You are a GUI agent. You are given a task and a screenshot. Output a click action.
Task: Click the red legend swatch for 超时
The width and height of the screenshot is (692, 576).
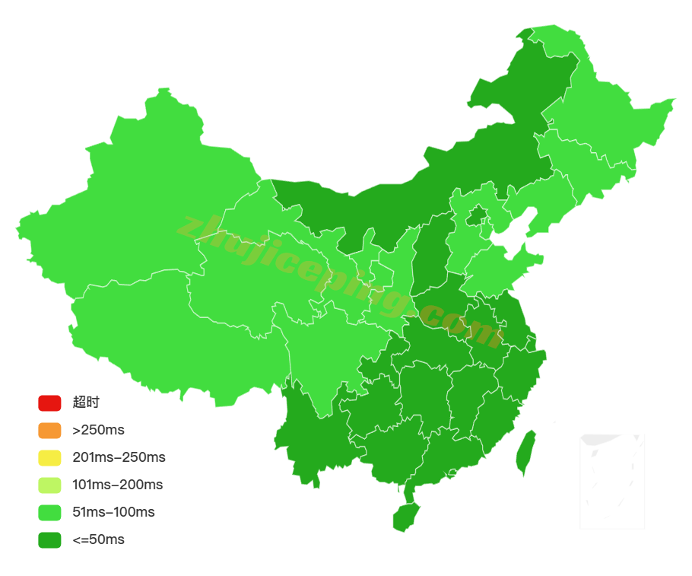pyautogui.click(x=49, y=403)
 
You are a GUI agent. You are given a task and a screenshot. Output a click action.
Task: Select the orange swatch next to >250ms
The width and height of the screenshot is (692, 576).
pyautogui.click(x=49, y=430)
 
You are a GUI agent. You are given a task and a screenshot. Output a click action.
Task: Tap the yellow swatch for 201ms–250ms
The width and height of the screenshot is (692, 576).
pyautogui.click(x=49, y=457)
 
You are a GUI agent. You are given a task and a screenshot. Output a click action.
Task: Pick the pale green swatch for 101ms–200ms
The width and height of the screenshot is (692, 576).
pyautogui.click(x=49, y=485)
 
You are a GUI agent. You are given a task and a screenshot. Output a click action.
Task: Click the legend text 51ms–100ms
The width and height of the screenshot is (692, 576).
pyautogui.click(x=113, y=512)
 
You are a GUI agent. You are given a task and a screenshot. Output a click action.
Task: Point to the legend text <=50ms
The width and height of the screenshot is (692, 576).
pyautogui.click(x=98, y=539)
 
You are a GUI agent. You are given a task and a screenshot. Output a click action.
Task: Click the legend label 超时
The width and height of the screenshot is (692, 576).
pyautogui.click(x=86, y=403)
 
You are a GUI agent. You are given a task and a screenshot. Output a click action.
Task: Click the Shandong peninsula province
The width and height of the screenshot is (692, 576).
pyautogui.click(x=502, y=270)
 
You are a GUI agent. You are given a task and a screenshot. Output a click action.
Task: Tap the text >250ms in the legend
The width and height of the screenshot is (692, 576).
pyautogui.click(x=98, y=430)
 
